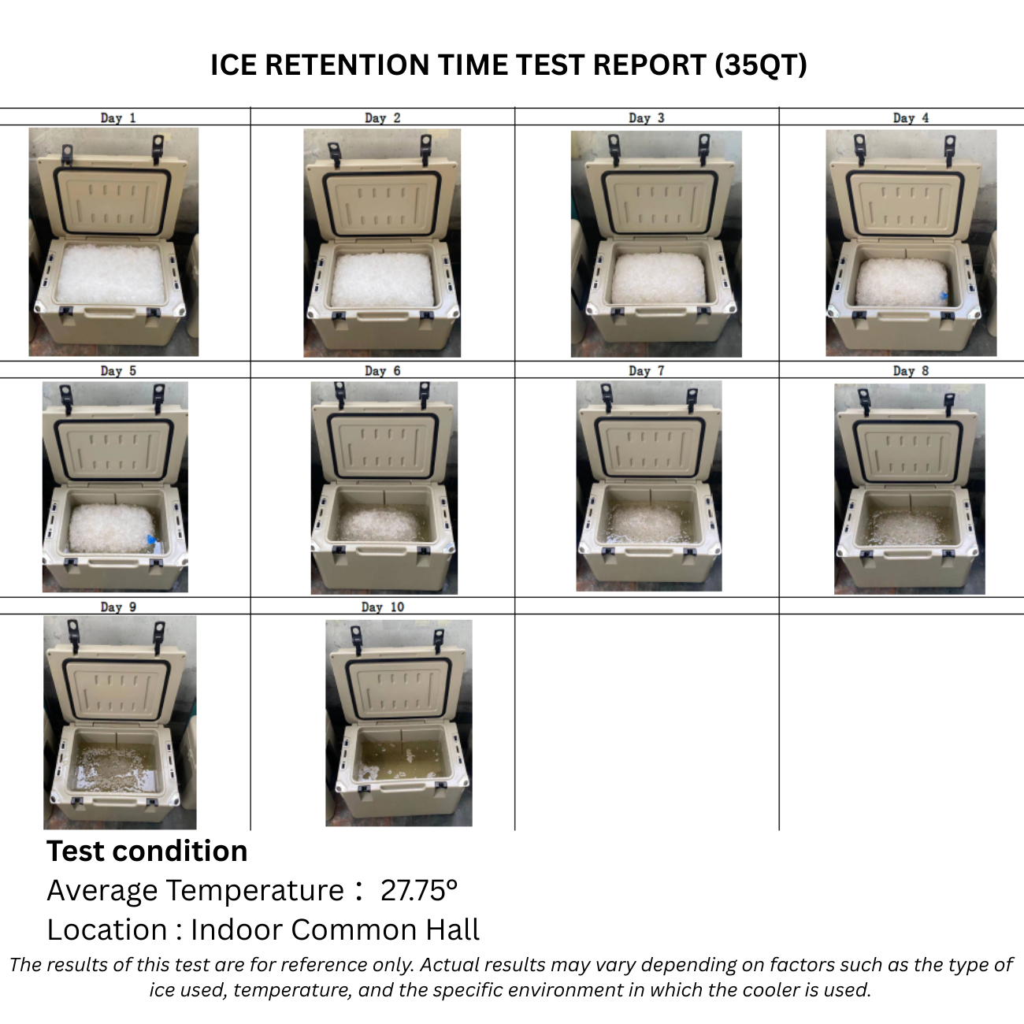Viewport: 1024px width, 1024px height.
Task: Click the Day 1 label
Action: [118, 118]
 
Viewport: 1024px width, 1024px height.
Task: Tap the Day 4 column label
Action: [911, 118]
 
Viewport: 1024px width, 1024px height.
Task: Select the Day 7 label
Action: [647, 371]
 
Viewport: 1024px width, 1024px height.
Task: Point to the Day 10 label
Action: [383, 607]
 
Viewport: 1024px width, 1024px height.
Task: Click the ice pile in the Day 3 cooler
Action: [659, 279]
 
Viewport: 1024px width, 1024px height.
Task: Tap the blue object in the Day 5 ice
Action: [151, 540]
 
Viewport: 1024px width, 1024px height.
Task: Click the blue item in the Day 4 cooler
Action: [943, 296]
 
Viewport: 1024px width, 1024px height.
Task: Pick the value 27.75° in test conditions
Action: [419, 890]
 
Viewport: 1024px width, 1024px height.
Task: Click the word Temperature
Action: [255, 891]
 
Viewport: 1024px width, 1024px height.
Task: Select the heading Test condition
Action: [147, 851]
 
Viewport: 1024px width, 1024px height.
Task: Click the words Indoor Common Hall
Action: [335, 929]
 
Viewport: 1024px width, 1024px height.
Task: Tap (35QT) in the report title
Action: [761, 65]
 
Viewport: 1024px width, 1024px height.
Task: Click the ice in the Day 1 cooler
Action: [110, 274]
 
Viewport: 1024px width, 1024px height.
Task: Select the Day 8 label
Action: [911, 371]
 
